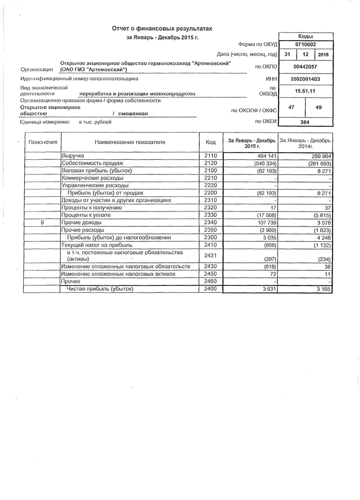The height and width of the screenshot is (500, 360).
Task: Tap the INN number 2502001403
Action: tap(305, 79)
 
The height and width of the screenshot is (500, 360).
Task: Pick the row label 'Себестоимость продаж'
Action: tap(92, 163)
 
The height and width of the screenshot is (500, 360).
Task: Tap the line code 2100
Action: tap(210, 171)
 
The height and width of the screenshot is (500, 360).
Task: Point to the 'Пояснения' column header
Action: tap(43, 142)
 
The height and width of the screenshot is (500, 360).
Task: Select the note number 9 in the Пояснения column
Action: tap(43, 223)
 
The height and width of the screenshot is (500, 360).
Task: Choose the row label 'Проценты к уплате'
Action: tap(86, 215)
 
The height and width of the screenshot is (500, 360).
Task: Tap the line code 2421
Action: tap(210, 256)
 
